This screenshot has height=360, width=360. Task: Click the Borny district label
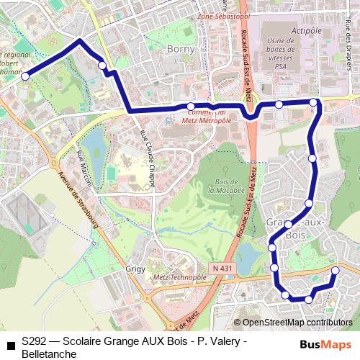click(181, 49)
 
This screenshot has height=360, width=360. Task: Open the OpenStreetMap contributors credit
click(292, 323)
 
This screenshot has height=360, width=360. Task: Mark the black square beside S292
click(10, 345)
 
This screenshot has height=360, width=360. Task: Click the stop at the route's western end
click(25, 76)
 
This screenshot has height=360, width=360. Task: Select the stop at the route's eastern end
click(335, 271)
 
